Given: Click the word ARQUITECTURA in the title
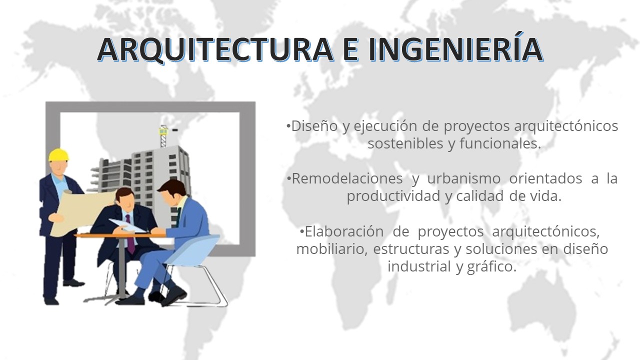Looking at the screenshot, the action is point(215,49).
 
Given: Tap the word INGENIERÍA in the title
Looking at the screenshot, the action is point(455,47).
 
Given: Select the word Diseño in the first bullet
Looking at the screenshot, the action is point(314,126).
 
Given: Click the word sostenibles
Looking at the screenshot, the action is point(405,143).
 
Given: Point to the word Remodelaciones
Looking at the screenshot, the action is point(347,178).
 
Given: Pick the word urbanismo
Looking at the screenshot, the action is point(463,178).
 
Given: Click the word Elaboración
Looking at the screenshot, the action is point(344,231).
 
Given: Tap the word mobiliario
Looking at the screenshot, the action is point(331,249).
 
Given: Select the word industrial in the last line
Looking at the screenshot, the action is point(419,266).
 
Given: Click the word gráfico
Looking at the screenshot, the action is point(491,267).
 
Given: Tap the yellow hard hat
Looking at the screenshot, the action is point(58,155).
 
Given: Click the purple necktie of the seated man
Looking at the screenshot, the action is point(129,234).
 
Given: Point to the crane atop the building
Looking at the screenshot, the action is point(163,136).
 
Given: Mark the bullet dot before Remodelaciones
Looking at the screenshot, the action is point(289,178).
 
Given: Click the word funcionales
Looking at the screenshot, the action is point(500,143).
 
